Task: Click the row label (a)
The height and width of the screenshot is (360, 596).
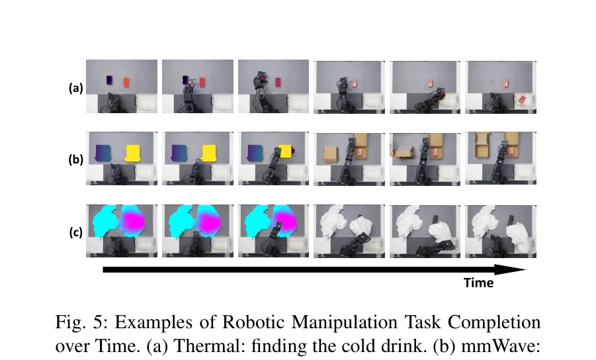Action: (x=75, y=88)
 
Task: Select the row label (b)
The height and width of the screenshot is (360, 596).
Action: (x=75, y=159)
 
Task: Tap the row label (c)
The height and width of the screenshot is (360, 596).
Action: (x=76, y=232)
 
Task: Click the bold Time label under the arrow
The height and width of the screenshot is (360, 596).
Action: (x=478, y=283)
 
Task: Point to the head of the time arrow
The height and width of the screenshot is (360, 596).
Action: (x=526, y=269)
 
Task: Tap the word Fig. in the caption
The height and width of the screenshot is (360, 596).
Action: (x=71, y=322)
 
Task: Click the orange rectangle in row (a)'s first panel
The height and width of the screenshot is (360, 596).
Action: (x=126, y=82)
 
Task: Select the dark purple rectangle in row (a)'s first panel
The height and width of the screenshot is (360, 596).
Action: (x=109, y=80)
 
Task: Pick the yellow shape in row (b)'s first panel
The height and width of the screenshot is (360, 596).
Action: (x=133, y=153)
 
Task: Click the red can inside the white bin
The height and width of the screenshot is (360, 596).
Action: (x=523, y=100)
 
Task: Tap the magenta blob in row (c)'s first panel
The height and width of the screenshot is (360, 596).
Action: (x=133, y=221)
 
